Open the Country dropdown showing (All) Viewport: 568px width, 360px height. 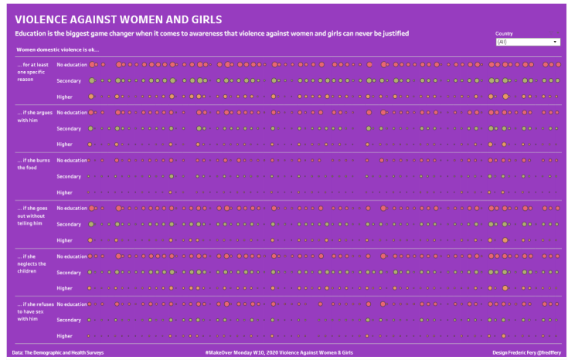coord(528,42)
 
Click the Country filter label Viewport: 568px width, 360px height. coord(504,34)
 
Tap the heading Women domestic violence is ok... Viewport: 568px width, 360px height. coord(57,49)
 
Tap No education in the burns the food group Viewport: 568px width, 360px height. coord(72,160)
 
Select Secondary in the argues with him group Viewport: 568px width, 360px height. coord(69,128)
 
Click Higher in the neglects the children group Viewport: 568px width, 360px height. coord(65,288)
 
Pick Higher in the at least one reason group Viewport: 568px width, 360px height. coord(65,97)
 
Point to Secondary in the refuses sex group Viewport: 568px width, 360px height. coord(69,320)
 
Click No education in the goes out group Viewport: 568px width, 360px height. coord(72,208)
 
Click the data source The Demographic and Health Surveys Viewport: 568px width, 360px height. coord(58,352)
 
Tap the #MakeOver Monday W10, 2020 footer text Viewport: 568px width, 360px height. coord(279,352)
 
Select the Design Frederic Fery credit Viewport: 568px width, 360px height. coord(526,352)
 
